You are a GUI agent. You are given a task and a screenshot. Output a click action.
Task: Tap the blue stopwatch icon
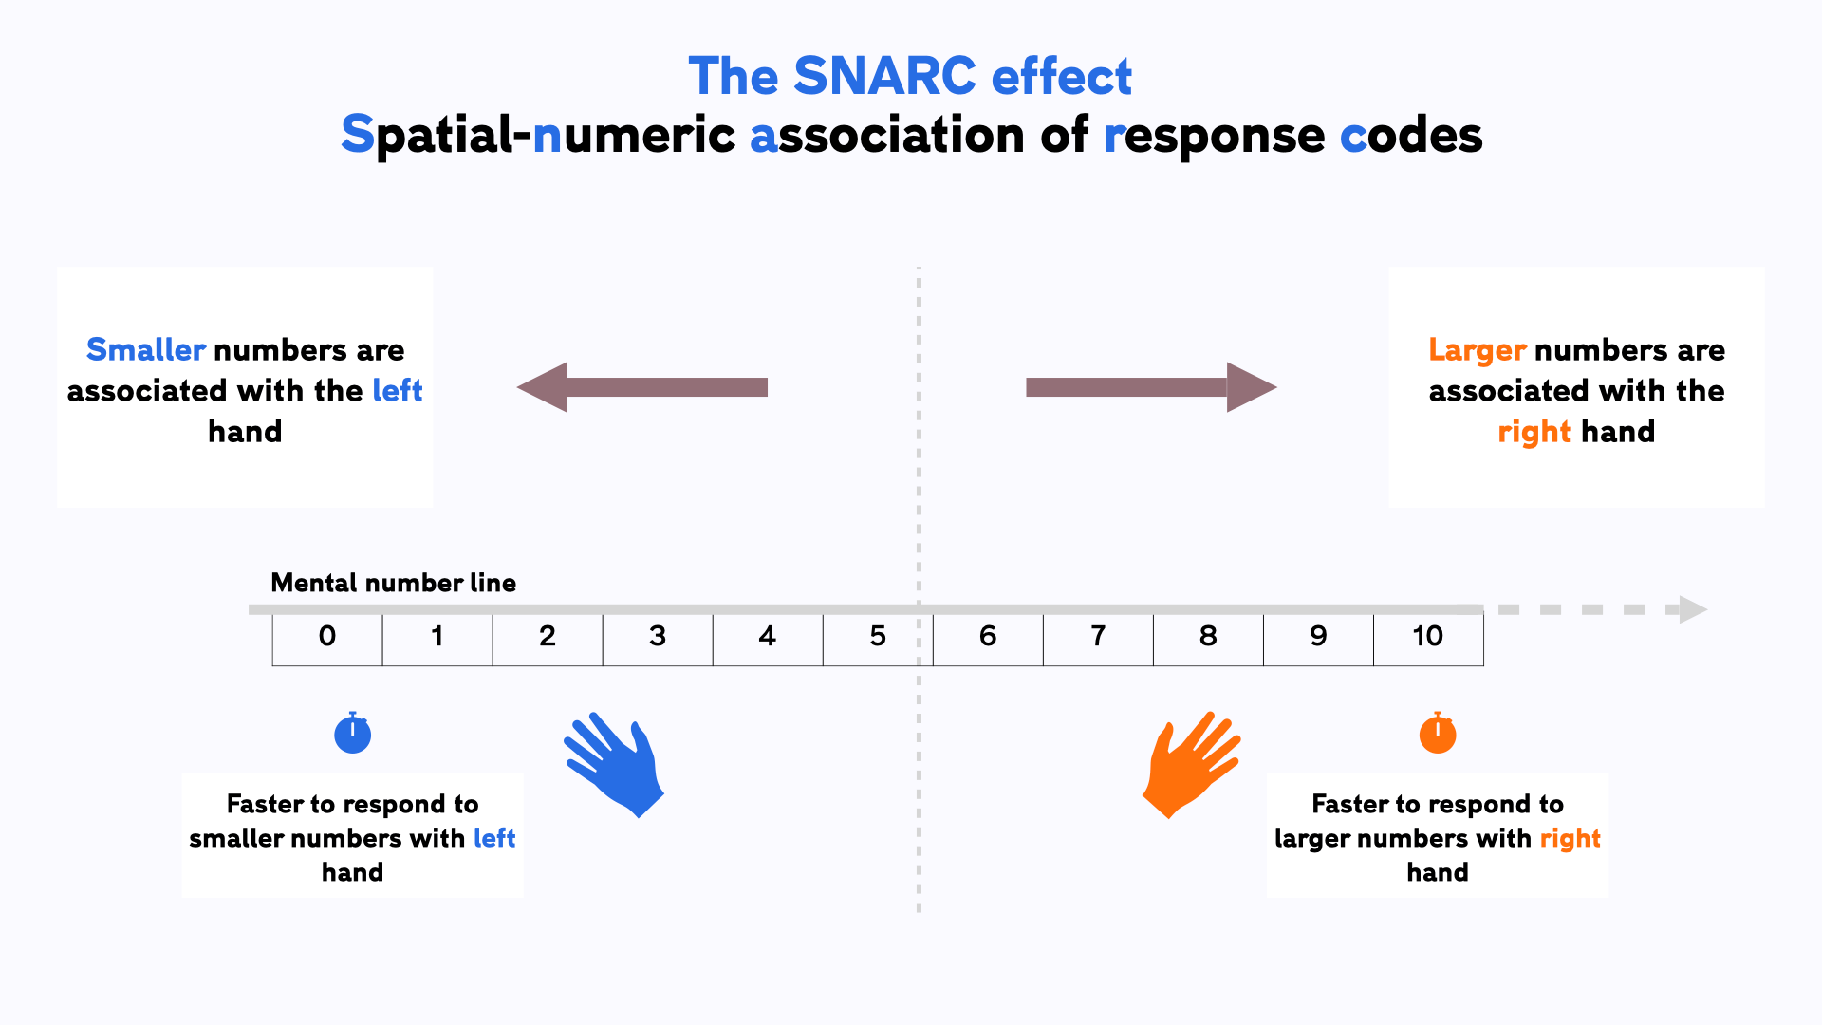click(352, 734)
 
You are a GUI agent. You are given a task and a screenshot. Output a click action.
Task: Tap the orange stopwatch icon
click(1437, 734)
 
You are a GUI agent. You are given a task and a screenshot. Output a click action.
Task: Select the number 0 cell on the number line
click(327, 637)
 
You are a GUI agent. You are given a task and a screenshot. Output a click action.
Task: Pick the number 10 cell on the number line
click(1427, 637)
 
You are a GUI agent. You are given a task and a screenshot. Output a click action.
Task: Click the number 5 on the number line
click(878, 637)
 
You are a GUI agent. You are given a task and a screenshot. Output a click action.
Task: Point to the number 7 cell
click(1098, 637)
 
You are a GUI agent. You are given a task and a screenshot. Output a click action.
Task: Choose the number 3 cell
click(658, 637)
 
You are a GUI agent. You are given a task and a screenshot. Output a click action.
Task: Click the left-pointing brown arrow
click(641, 387)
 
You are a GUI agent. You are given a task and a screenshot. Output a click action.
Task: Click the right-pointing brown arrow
click(1151, 387)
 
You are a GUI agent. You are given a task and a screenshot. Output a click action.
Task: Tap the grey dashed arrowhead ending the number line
click(1692, 609)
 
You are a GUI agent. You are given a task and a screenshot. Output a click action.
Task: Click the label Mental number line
click(393, 583)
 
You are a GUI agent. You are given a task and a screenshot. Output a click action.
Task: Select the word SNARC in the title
click(884, 76)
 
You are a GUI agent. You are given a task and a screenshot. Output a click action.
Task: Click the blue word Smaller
click(145, 350)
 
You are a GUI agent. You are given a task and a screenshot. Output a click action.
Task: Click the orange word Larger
click(1477, 350)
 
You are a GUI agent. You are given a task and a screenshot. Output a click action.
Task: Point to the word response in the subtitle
click(1214, 136)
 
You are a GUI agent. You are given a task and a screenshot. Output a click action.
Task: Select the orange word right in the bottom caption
click(1570, 839)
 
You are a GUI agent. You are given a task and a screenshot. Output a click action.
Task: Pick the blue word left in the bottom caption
click(493, 838)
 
